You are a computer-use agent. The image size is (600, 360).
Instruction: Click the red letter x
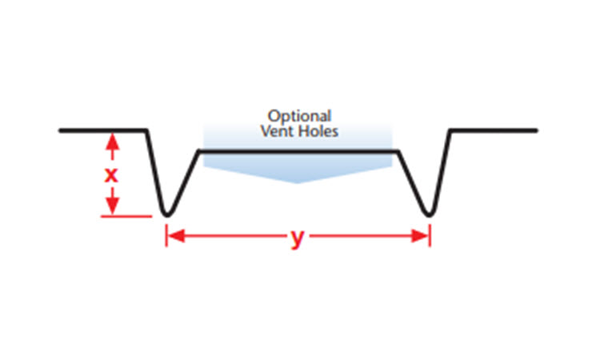coord(112,174)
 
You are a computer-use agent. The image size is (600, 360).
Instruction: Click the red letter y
coord(298,238)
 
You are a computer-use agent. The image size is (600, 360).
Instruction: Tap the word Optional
coord(299,115)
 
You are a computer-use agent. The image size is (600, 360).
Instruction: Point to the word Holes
coord(318,130)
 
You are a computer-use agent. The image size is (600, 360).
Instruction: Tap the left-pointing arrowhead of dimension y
coord(174,236)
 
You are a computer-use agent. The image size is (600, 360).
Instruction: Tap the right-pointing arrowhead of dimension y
coord(422,236)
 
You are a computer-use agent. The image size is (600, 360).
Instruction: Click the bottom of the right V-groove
coord(430,214)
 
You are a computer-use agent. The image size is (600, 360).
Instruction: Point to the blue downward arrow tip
coord(298,182)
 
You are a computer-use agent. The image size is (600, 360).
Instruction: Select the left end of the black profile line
coord(61,130)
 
